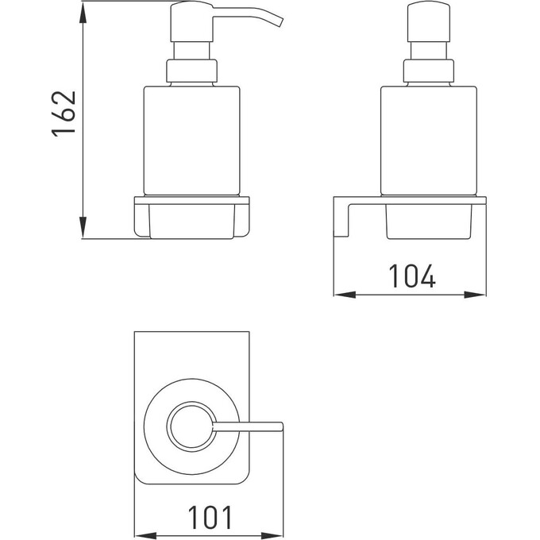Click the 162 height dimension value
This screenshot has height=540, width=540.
click(64, 114)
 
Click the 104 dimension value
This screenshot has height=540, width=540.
click(412, 276)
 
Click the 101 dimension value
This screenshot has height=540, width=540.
click(210, 517)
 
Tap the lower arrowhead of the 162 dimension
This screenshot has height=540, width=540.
click(83, 227)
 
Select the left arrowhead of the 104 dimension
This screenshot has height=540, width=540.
click(345, 295)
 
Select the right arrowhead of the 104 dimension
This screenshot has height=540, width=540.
click(475, 295)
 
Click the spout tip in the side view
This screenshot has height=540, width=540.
click(280, 21)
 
